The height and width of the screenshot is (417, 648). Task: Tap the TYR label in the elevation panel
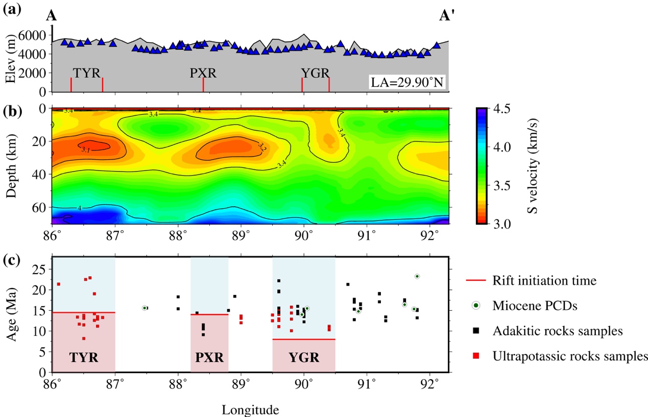click(x=86, y=72)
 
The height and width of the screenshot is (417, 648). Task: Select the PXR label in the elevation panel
click(x=203, y=72)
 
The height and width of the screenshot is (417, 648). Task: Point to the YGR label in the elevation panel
click(x=315, y=72)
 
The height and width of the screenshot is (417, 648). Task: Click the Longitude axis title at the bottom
click(x=250, y=409)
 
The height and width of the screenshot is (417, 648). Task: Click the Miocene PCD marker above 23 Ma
click(x=417, y=276)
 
